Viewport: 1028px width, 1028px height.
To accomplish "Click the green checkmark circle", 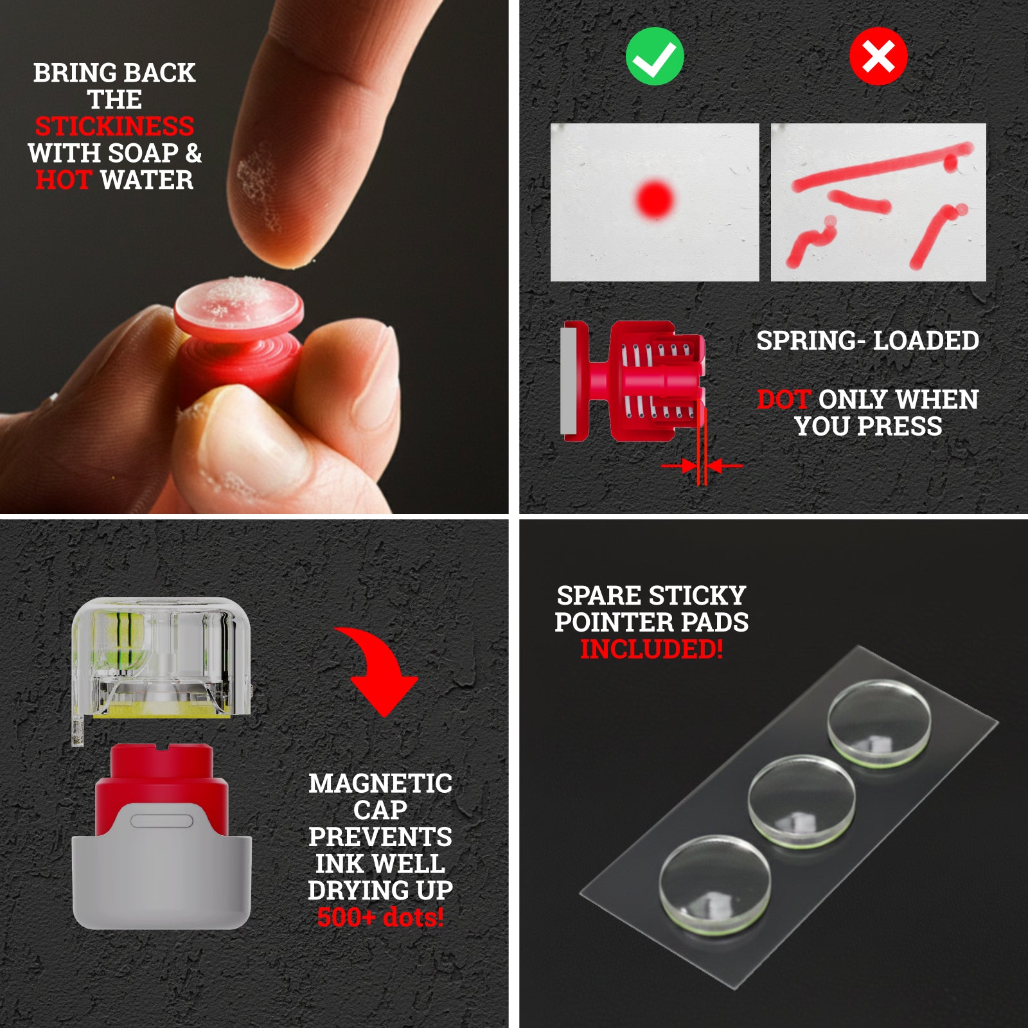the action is tap(655, 57).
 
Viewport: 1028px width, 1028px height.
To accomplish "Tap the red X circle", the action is tap(878, 57).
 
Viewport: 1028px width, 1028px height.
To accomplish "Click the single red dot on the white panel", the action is tap(655, 199).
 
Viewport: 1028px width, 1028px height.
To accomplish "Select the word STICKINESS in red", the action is tap(114, 127).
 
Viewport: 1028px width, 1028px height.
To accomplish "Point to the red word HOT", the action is tap(64, 180).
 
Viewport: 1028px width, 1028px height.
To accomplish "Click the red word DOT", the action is tap(783, 400).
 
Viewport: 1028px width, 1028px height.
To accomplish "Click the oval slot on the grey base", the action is tap(161, 822).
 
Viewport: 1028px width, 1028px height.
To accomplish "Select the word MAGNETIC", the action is tap(380, 783).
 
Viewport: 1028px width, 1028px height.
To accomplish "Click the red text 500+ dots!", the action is tap(380, 917).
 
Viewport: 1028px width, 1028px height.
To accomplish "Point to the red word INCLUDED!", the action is tap(651, 649).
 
